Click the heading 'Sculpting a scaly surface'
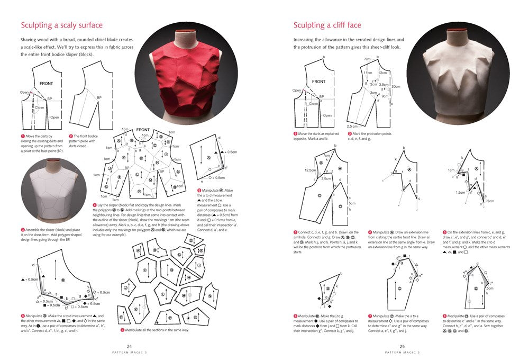tap(61, 25)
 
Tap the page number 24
tap(129, 347)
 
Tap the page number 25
tap(402, 347)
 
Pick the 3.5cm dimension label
tap(384, 84)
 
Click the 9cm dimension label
tap(385, 96)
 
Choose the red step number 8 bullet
tap(369, 316)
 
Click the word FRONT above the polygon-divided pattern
tap(143, 130)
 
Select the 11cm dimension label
tap(368, 73)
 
